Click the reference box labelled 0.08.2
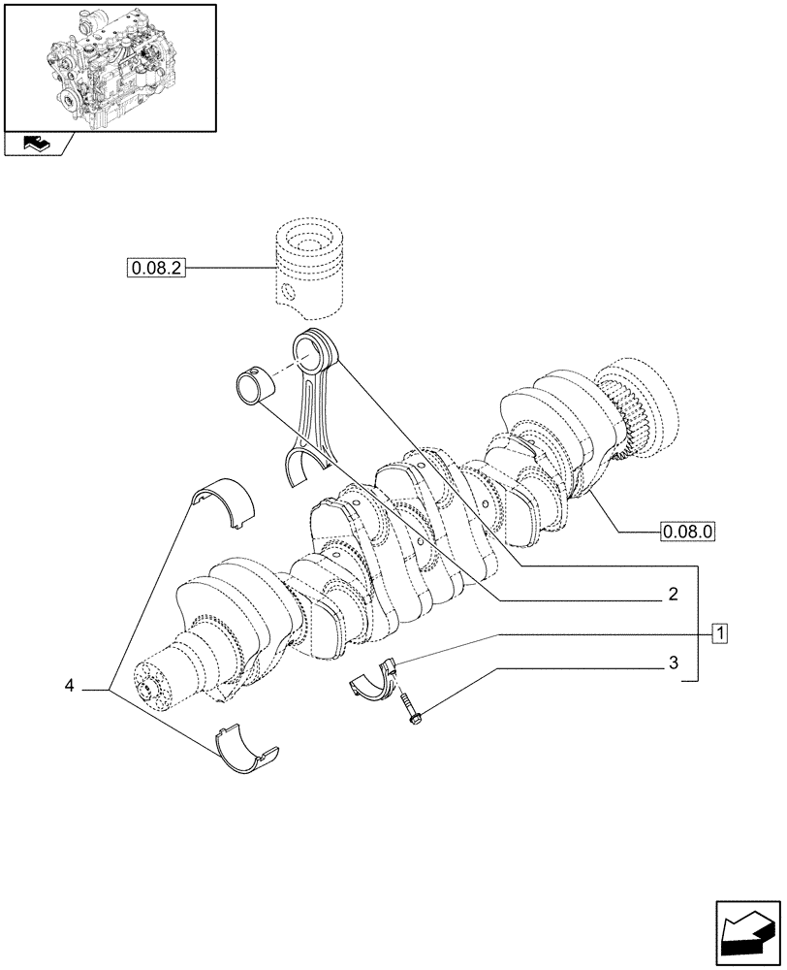point(154,267)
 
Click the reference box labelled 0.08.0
point(686,532)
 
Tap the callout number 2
point(672,595)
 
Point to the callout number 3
point(672,664)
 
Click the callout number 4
point(69,687)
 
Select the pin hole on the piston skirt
point(288,292)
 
